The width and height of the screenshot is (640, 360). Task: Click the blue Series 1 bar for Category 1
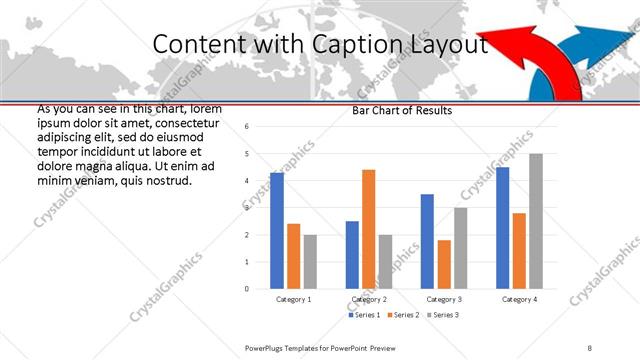click(277, 231)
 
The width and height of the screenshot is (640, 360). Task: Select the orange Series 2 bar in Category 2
click(368, 229)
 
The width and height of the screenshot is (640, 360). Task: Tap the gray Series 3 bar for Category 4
click(535, 221)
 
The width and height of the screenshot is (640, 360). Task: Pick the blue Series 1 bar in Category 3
click(427, 241)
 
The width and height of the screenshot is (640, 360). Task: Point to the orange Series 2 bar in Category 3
click(444, 264)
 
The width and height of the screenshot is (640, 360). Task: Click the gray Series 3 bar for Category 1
click(310, 262)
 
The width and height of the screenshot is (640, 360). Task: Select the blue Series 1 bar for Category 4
click(502, 228)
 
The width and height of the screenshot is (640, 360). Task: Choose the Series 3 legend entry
click(444, 315)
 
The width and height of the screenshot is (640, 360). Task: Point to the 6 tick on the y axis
click(247, 127)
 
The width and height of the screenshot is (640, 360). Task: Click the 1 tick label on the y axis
click(247, 262)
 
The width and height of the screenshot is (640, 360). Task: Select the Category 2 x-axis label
click(368, 299)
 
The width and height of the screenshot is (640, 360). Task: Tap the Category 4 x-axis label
click(519, 299)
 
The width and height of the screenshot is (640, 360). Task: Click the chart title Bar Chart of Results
click(402, 110)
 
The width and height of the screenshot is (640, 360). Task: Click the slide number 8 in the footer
click(590, 347)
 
